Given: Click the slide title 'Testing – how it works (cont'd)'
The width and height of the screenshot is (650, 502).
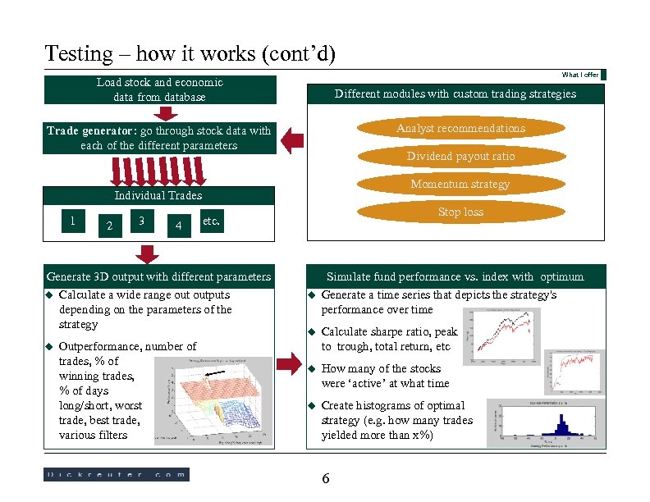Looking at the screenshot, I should pos(190,54).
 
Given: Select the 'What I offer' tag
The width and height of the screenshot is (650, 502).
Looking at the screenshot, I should pos(579,75).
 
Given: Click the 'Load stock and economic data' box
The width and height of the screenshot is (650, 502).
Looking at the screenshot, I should pos(159,90).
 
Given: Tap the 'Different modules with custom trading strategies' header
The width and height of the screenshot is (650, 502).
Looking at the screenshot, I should pos(455,94).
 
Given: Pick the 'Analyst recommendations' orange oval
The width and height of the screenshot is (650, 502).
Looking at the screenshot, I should pos(460,128).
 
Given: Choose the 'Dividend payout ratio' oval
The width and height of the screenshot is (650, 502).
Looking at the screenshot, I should pos(460,156).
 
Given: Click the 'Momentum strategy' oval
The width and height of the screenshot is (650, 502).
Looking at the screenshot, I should pos(460,184).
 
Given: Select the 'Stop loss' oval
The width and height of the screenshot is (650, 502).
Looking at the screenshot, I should pos(460,212).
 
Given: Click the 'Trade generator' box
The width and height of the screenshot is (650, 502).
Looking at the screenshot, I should pos(159,138).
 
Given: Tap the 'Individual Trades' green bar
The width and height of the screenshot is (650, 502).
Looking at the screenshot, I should pos(159,195).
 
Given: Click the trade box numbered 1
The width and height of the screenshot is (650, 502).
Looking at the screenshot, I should pos(75,220).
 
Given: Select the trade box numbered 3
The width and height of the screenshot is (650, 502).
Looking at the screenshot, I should pos(143,220).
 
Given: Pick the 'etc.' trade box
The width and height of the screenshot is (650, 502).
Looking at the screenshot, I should pos(211,220).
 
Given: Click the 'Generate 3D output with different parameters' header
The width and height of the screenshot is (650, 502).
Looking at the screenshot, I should pos(159,276).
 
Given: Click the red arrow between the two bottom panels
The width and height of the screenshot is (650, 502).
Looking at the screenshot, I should pos(291,362).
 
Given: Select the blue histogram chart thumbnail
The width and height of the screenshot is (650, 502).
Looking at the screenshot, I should pos(547,422).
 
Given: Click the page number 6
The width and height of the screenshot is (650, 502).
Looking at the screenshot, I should pos(326,479).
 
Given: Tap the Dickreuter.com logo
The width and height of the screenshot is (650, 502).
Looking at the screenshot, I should pos(116,474).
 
